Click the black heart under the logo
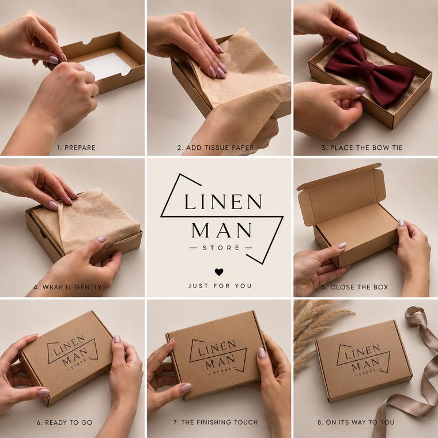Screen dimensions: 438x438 pyautogui.click(x=219, y=272)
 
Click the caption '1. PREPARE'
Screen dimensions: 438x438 pyautogui.click(x=76, y=148)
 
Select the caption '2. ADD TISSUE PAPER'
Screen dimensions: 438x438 pyautogui.click(x=216, y=148)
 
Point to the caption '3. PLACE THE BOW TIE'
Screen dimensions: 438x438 pyautogui.click(x=362, y=148)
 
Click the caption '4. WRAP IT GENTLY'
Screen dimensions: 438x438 pyautogui.click(x=67, y=287)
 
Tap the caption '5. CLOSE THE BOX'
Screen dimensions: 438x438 pyautogui.click(x=355, y=287)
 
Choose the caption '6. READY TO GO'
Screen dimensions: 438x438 pyautogui.click(x=65, y=422)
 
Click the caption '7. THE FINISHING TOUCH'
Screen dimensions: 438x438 pyautogui.click(x=216, y=422)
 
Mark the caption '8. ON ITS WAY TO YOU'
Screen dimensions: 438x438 pyautogui.click(x=356, y=422)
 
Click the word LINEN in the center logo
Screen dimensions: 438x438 pyautogui.click(x=223, y=202)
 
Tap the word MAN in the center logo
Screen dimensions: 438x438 pyautogui.click(x=221, y=231)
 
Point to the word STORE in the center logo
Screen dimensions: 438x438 pyautogui.click(x=221, y=248)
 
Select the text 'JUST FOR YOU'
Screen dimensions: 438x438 pyautogui.click(x=220, y=286)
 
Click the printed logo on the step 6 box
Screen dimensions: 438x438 pyautogui.click(x=73, y=352)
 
